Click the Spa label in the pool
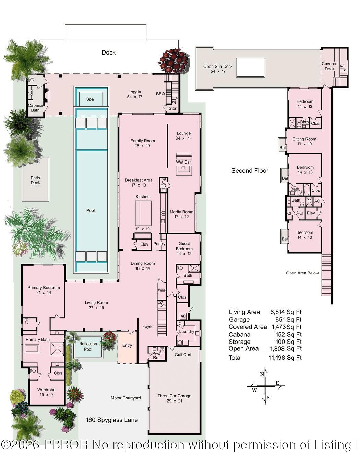(90, 99)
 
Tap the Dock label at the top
(108, 52)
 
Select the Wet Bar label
(183, 162)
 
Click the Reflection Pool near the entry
(88, 346)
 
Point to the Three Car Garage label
(174, 396)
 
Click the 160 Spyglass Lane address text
(112, 420)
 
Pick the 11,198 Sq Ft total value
(285, 358)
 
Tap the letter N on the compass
(262, 374)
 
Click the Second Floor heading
(250, 171)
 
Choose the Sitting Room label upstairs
(304, 139)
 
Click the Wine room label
(161, 290)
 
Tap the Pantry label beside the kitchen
(159, 244)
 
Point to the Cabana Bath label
(35, 108)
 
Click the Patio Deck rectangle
(35, 179)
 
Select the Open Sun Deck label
(218, 67)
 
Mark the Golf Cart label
(183, 355)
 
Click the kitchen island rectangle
(143, 213)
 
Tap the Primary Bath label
(38, 339)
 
